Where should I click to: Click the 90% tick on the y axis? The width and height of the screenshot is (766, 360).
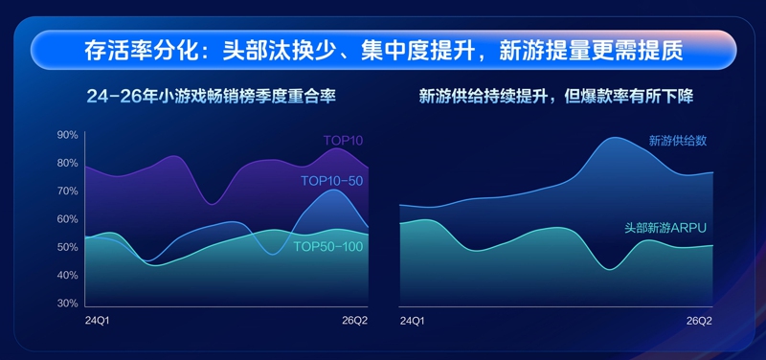click(x=68, y=135)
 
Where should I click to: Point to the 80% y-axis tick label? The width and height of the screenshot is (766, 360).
click(x=68, y=163)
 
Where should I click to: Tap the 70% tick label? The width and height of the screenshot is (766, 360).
click(x=68, y=191)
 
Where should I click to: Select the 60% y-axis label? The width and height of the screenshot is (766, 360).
click(x=68, y=219)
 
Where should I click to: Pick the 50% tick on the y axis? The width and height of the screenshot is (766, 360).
click(x=68, y=247)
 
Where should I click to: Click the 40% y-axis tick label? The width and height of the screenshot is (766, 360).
click(x=68, y=275)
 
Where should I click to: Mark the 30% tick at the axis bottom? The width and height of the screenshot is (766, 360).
click(x=68, y=304)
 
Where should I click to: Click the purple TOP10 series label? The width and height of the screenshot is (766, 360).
click(x=343, y=141)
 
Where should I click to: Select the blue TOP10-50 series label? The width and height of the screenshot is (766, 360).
click(x=331, y=181)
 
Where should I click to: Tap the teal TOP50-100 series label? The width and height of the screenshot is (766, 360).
click(x=328, y=247)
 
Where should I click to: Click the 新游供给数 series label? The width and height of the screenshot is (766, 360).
click(x=678, y=141)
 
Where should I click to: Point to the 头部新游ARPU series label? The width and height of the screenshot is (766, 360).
click(x=665, y=228)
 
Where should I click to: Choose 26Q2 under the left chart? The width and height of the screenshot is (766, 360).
click(x=355, y=321)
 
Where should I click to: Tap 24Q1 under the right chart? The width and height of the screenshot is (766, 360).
click(x=412, y=321)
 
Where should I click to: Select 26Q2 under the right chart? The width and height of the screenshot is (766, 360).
click(x=700, y=321)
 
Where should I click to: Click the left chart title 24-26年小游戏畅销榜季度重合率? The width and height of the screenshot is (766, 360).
click(x=211, y=97)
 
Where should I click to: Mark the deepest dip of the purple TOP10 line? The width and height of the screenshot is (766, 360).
click(x=212, y=204)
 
